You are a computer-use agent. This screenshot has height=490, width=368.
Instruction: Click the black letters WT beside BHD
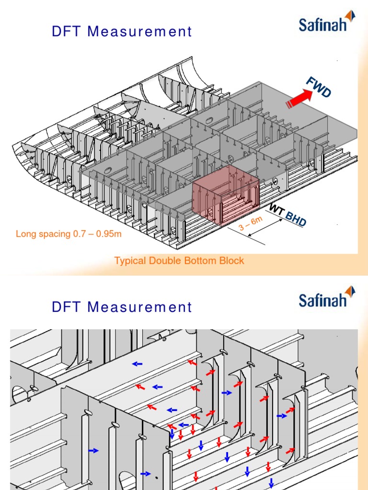pos(276,209)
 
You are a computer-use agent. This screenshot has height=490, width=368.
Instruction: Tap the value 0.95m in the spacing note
pos(110,234)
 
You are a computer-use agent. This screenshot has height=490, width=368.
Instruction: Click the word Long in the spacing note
pos(25,234)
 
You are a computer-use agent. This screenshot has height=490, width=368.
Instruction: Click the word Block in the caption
pos(232,261)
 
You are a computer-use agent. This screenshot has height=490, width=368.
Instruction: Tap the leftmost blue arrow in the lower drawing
pos(93,450)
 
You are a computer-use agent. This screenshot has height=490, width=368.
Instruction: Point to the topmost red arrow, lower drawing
pos(192,362)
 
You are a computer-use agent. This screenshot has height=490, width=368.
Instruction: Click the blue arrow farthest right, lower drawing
pos(283,416)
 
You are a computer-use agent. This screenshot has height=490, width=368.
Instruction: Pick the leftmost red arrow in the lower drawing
pos(139,386)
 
